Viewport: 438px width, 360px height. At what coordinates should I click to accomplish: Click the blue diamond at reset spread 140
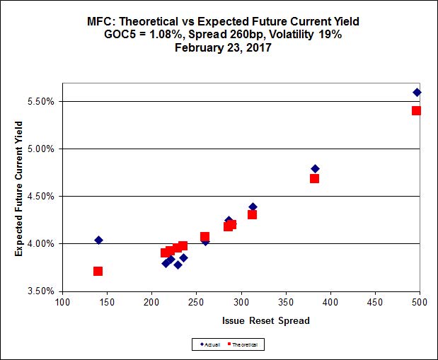point(98,240)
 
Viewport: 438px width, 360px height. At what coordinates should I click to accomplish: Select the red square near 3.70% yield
point(98,271)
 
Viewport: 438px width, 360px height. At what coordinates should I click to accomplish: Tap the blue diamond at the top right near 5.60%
point(417,92)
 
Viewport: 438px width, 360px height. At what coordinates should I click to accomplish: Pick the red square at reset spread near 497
point(416,110)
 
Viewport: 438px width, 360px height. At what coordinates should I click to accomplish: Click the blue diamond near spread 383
point(315,168)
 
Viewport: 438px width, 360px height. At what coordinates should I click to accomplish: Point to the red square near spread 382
point(314,178)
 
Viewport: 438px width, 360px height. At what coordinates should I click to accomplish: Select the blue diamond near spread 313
point(253,207)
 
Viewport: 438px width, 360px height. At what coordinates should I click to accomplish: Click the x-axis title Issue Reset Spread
point(241,320)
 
